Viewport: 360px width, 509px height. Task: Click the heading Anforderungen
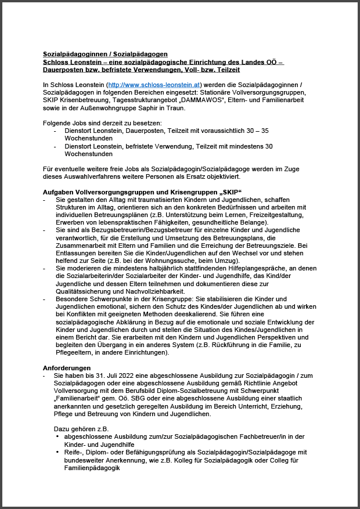[67, 367]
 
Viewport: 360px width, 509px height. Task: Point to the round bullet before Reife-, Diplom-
[57, 452]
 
